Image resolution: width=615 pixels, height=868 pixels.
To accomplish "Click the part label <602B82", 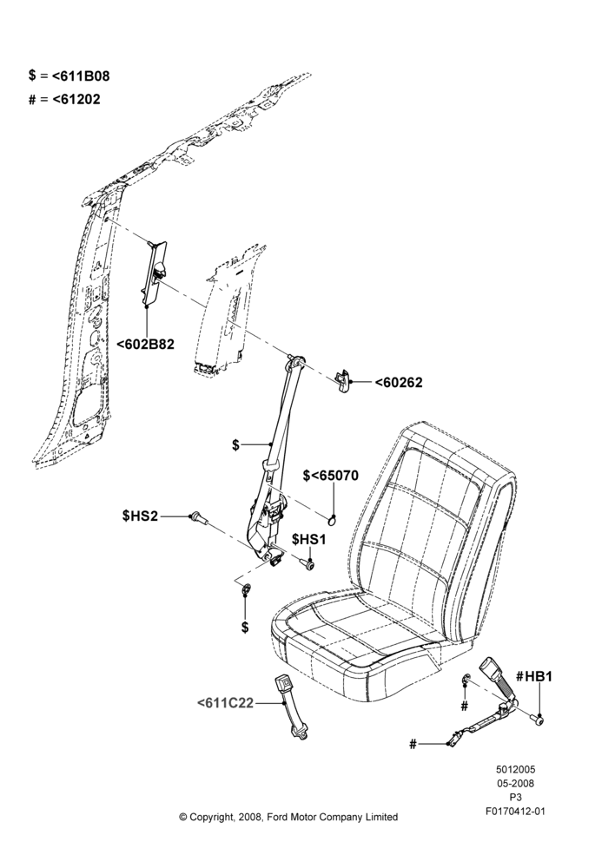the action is pos(145,345).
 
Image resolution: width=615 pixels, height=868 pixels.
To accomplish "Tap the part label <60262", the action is pos(399,383).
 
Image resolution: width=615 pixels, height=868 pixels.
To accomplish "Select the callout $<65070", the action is pos(331,476).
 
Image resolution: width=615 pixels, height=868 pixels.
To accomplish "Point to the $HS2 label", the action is pos(140,516).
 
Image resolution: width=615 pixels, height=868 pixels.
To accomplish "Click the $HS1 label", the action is pos(309,539).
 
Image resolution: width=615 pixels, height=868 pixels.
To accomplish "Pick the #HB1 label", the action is pos(533,676).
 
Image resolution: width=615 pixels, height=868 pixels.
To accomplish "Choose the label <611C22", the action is pos(225,703).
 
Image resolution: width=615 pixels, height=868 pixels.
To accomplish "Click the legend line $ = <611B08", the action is pos(69,76).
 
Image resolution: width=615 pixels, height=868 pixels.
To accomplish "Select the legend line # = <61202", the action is pos(65,100).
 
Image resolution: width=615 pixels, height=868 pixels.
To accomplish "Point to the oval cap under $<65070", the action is pos(332,519).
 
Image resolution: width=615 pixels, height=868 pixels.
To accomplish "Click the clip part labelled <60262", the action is pos(343,380).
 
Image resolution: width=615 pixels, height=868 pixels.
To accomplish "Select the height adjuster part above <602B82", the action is pos(154,271).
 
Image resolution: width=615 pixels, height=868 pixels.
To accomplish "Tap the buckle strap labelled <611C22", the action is pos(291,706).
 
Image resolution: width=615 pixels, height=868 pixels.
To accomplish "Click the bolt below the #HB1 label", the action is pos(537,720).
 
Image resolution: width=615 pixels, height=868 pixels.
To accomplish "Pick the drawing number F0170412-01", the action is pos(515,812).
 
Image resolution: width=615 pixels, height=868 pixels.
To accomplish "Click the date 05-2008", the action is pos(515,783).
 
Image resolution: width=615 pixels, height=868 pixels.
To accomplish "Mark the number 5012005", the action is pos(515,769).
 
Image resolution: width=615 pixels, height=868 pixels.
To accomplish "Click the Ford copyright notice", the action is pos(288,817).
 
